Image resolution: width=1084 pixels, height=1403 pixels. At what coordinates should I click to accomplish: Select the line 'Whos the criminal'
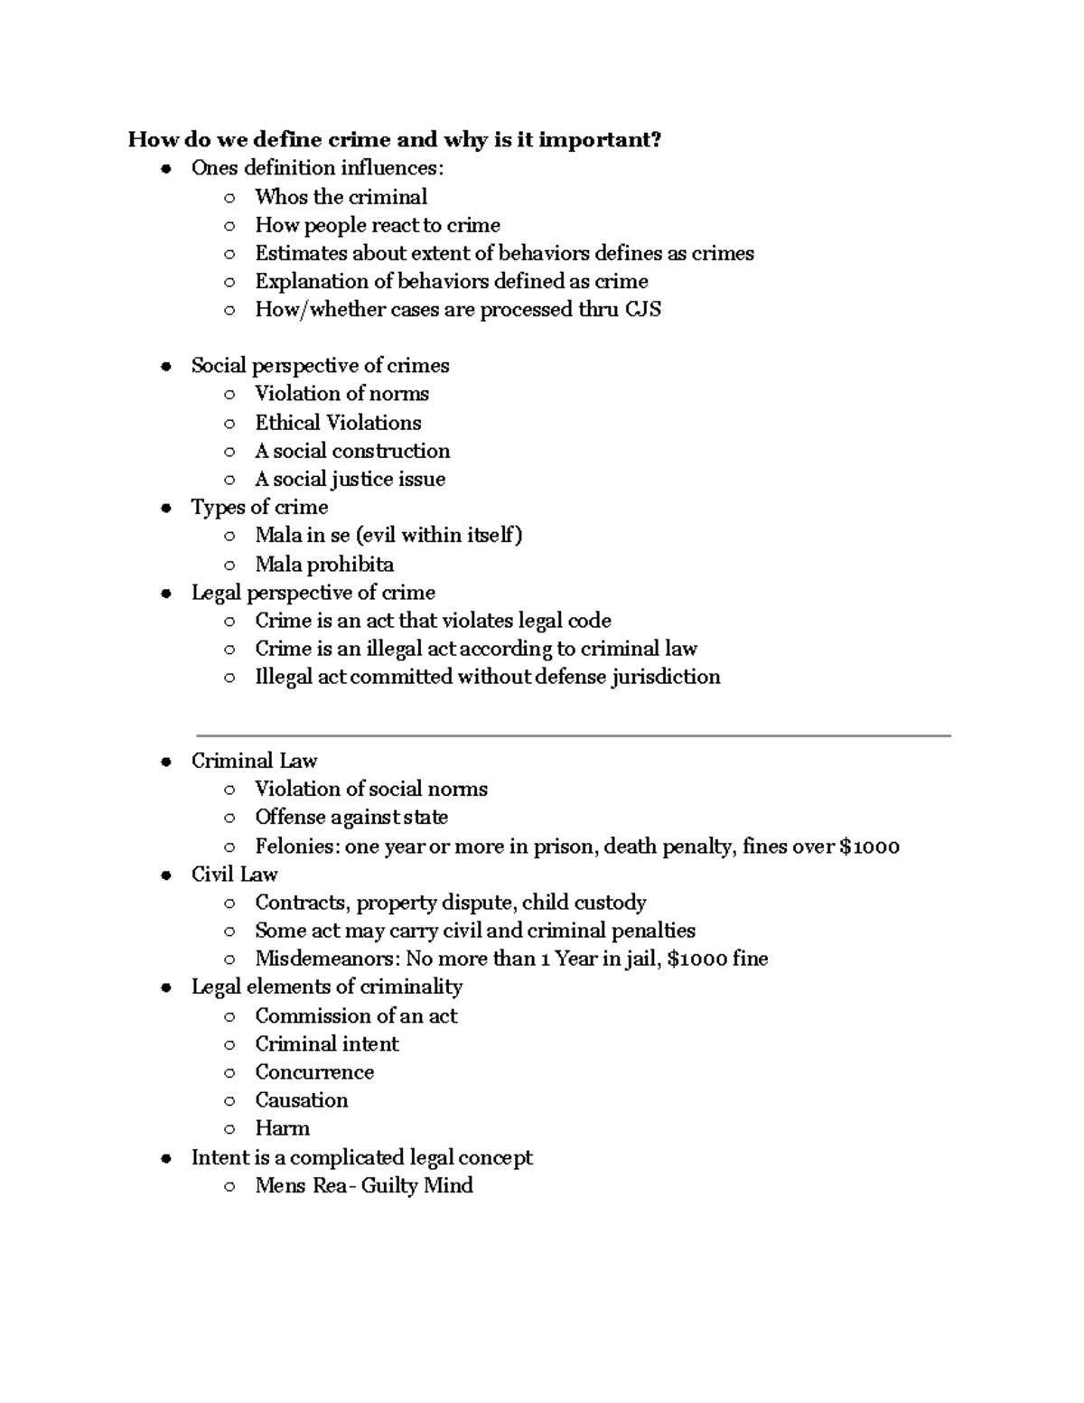click(x=341, y=197)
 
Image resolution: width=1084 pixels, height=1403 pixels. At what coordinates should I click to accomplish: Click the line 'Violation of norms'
click(x=341, y=394)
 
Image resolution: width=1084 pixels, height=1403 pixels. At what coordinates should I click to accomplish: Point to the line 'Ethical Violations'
click(x=338, y=423)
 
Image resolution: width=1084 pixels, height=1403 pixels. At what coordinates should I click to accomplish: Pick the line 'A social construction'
click(x=352, y=451)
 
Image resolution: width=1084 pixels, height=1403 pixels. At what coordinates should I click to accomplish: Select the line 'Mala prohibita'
click(x=324, y=565)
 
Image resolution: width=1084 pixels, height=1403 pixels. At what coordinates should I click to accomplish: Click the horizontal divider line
click(x=573, y=736)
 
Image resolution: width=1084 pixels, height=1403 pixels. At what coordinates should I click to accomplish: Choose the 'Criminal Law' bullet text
click(x=254, y=761)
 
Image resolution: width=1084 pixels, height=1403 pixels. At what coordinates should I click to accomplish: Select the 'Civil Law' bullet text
click(x=234, y=875)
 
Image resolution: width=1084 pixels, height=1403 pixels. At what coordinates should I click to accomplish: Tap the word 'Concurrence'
click(x=314, y=1072)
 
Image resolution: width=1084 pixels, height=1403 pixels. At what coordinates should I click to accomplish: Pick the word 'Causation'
click(x=301, y=1100)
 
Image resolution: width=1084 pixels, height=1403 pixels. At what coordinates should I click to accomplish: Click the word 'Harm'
click(x=282, y=1128)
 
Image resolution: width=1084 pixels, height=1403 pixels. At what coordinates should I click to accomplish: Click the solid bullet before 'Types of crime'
click(x=165, y=508)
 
